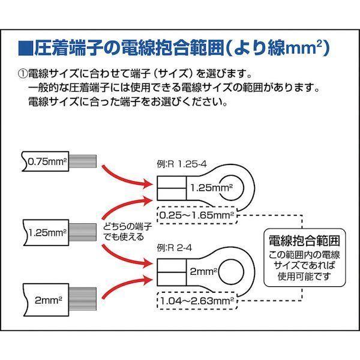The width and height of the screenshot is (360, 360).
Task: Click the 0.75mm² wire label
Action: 47,161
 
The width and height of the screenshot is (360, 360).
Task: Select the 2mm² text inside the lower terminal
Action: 202,272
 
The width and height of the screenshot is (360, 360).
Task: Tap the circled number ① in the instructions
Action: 23,74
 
